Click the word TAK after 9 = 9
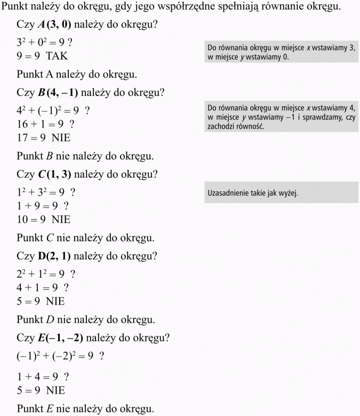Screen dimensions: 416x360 point(57,55)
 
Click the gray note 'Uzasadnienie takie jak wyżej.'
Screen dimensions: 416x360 point(252,193)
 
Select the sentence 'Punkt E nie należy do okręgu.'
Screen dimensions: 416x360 point(85,409)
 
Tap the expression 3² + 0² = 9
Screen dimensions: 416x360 point(38,42)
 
